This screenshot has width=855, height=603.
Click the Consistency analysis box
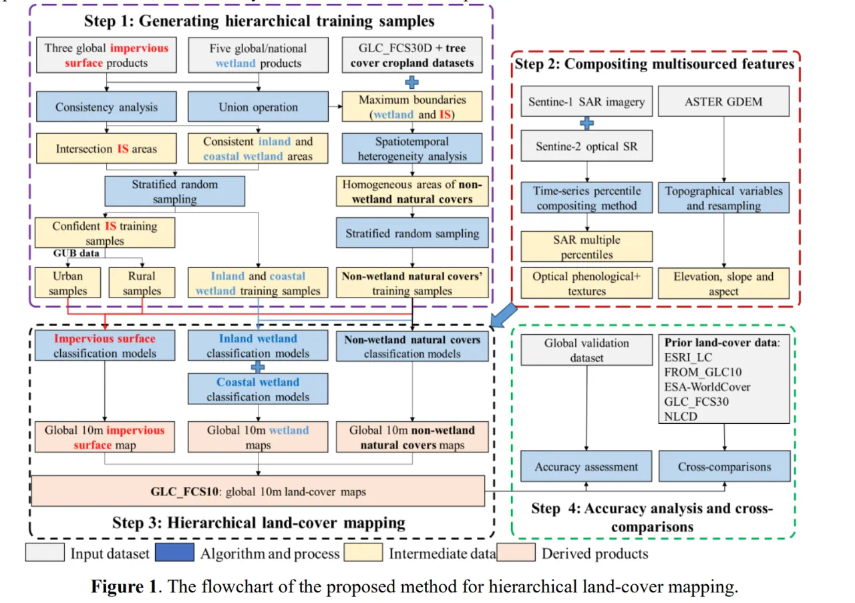(x=106, y=107)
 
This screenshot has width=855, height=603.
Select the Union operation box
(x=258, y=107)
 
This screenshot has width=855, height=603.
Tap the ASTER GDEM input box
(x=724, y=102)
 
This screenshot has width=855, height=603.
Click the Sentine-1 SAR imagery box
(x=587, y=102)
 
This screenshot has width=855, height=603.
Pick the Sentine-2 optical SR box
(x=587, y=146)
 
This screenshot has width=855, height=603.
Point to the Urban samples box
(x=68, y=283)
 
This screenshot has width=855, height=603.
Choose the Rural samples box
(x=142, y=283)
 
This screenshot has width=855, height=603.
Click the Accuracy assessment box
(x=587, y=467)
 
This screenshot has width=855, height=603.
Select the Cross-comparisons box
(x=724, y=467)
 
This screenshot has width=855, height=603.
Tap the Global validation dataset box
(x=587, y=350)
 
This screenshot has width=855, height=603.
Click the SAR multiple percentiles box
(x=587, y=247)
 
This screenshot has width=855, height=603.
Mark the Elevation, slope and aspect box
(x=724, y=283)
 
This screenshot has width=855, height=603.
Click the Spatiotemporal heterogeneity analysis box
(x=412, y=149)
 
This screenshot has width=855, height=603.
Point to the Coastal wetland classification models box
(x=258, y=389)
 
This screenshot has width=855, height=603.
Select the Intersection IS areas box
(x=106, y=148)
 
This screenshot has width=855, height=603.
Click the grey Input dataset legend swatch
(x=45, y=553)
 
